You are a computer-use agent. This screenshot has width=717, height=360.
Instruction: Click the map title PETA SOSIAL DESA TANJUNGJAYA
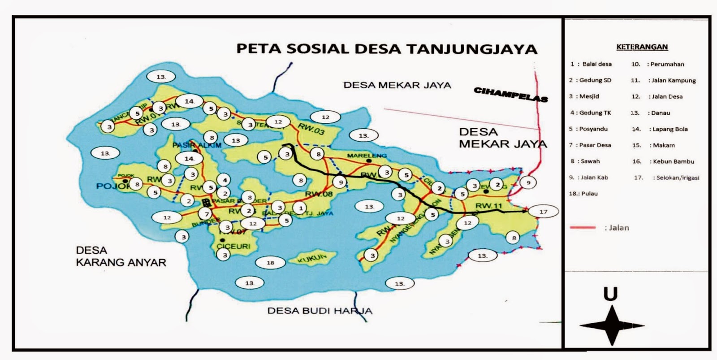coord(386,48)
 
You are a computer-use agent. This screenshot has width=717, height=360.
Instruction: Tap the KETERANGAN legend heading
coord(642,47)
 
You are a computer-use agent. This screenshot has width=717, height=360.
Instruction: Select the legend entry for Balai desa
coord(591,64)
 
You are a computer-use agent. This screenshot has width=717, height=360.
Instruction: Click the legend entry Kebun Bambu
coord(663,161)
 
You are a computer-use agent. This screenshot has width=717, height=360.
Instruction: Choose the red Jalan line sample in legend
coord(582,228)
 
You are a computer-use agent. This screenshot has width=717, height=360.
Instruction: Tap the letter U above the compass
coord(610,294)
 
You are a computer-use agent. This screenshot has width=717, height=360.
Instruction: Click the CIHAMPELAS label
coord(510,94)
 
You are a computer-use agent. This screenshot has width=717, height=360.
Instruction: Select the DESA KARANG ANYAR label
coord(121,256)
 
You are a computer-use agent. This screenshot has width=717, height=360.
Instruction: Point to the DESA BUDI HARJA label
coord(320,310)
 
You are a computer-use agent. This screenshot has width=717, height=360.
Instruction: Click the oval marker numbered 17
coord(543,211)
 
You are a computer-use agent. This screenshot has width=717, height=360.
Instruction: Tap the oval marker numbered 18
coord(270,263)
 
